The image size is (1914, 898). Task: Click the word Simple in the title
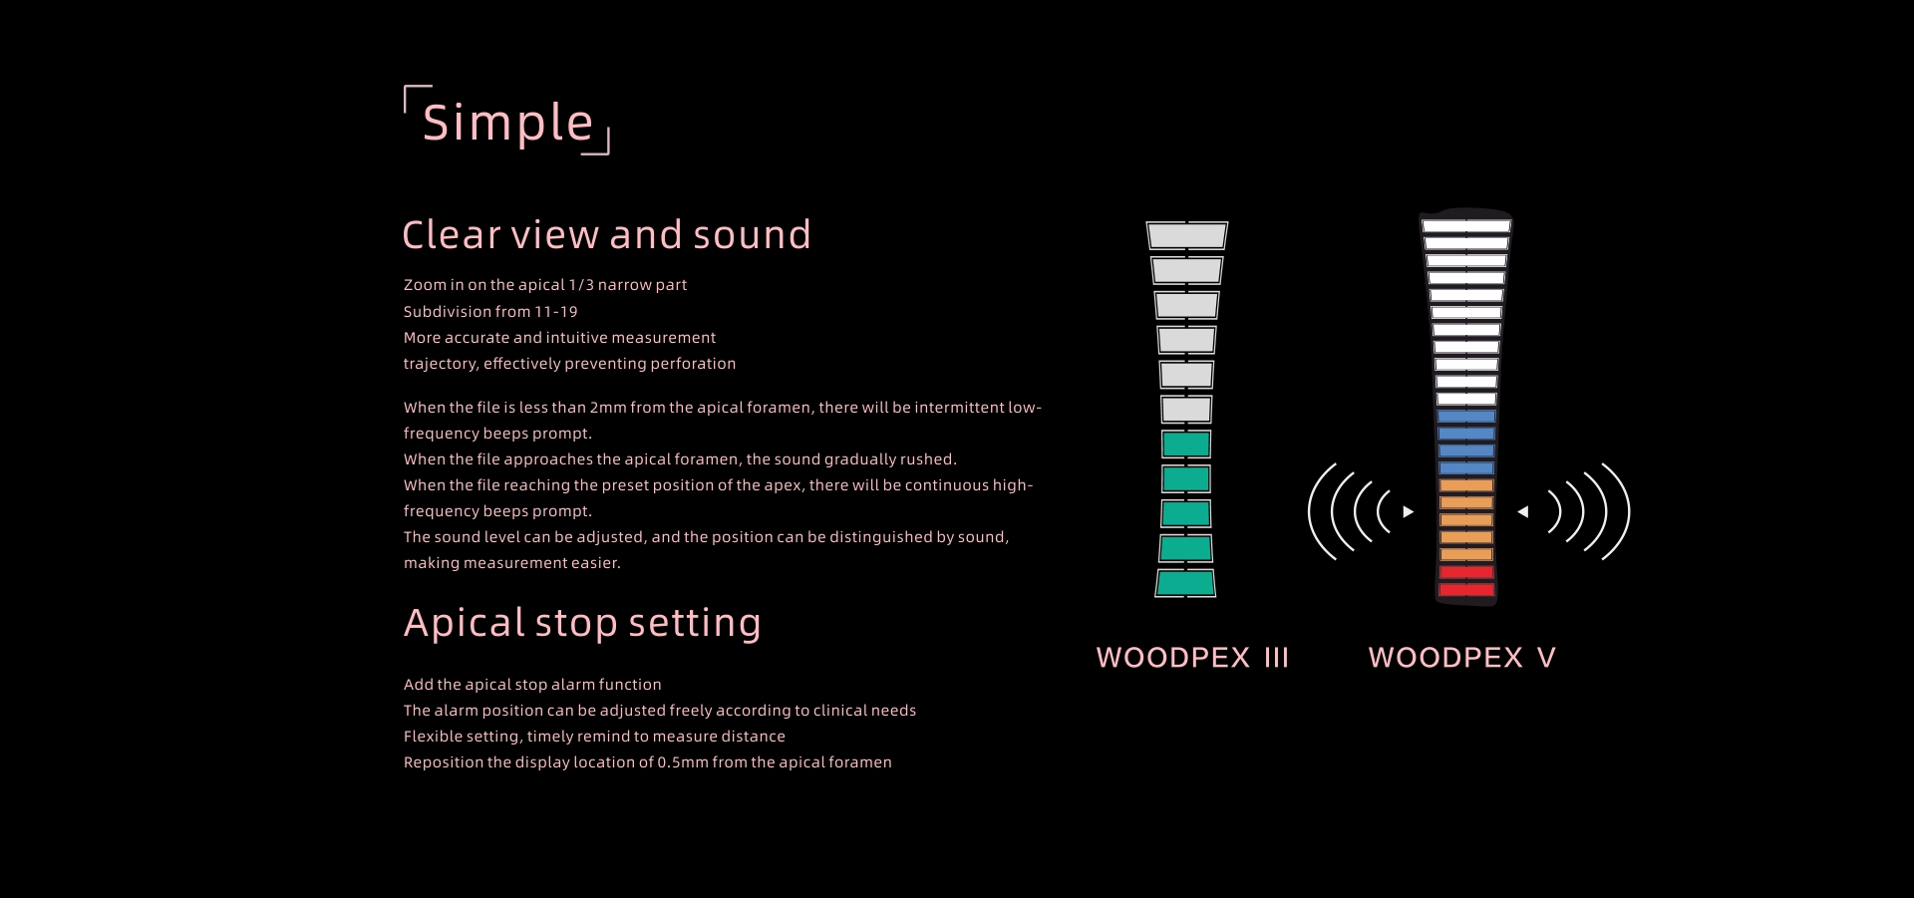pos(507,123)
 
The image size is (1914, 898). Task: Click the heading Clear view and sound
pos(606,234)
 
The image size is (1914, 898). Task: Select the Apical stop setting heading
pos(582,623)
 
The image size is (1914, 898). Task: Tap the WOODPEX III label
pos(1192,658)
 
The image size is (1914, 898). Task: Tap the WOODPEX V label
pos(1461,658)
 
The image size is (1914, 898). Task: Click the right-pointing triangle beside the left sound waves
pos(1409,512)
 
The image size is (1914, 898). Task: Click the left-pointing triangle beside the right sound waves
pos(1522,512)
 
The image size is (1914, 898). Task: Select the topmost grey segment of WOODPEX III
pos(1186,235)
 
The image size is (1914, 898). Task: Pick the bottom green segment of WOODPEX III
pos(1185,583)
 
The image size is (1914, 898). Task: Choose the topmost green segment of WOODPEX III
pos(1186,445)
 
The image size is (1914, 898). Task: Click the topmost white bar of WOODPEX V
pos(1466,226)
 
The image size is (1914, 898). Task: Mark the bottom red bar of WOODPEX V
pos(1466,590)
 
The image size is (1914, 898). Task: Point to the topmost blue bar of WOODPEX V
pos(1466,417)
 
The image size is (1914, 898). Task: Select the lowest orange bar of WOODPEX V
pos(1466,555)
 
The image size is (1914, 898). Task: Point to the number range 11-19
pos(556,312)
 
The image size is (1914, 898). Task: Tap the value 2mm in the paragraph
pos(608,408)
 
